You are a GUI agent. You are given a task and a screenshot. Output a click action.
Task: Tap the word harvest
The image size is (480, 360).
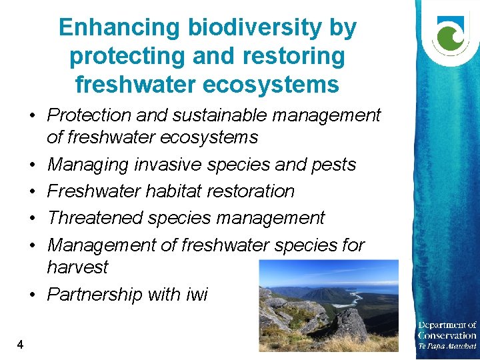[x=77, y=267]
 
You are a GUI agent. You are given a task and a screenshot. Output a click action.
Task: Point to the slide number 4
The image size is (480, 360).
[x=21, y=345]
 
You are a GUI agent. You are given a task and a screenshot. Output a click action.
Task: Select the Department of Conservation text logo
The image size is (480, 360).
[x=447, y=331]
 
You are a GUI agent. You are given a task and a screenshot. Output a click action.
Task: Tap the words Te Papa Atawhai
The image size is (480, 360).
[x=447, y=347]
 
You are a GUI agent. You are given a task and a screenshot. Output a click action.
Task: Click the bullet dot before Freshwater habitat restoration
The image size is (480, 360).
[x=32, y=192]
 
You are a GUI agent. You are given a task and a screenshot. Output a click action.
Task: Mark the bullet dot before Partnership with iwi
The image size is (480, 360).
[x=32, y=295]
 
